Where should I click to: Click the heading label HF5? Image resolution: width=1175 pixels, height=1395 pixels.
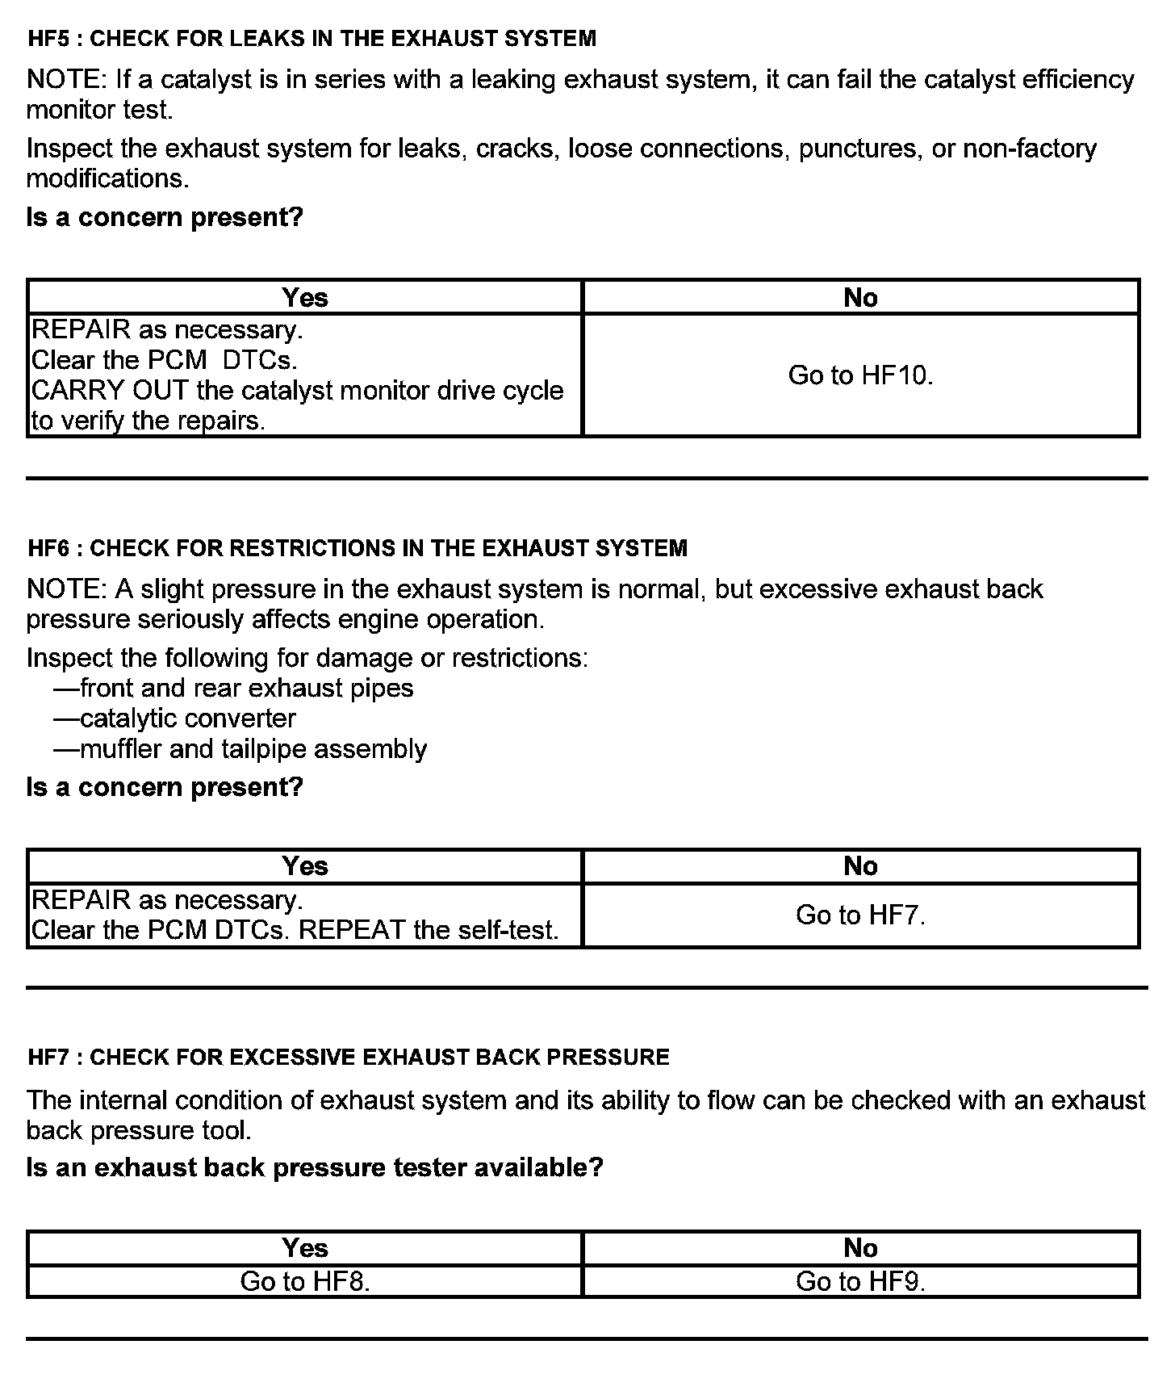47,39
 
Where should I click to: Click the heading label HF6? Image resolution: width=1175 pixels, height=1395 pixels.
47,548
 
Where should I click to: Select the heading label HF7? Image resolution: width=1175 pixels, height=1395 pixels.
47,1058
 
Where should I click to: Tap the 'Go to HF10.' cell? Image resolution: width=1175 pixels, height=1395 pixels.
860,375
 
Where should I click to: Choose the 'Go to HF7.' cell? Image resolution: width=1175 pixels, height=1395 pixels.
860,915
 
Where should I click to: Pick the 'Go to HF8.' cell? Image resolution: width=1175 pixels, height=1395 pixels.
305,1281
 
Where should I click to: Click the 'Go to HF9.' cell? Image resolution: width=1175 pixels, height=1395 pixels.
860,1281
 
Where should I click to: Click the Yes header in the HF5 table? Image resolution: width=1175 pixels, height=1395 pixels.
305,298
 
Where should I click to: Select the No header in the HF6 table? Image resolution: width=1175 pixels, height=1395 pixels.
860,866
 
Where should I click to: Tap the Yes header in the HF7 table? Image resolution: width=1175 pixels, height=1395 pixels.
305,1248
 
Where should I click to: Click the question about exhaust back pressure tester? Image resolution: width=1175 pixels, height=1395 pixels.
315,1168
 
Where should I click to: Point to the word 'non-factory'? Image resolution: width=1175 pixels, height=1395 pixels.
1030,149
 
